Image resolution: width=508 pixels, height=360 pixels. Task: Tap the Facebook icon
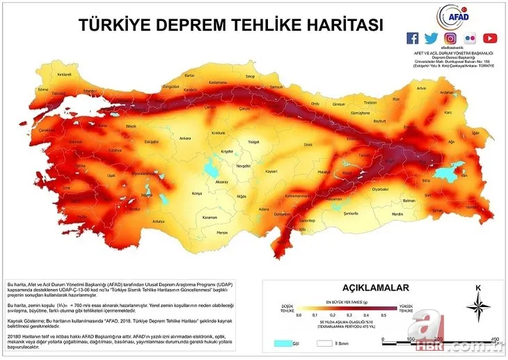pos(413,38)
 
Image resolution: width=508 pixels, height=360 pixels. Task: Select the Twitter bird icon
pos(431,38)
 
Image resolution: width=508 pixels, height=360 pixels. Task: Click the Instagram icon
pos(451,38)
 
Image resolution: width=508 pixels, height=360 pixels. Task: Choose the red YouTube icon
pos(490,38)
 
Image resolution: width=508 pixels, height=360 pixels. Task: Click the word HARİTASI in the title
pos(338,25)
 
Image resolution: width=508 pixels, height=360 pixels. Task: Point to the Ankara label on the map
pos(185,138)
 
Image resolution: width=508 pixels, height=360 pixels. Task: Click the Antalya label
pos(159,221)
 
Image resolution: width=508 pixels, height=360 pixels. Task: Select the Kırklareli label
pos(65,73)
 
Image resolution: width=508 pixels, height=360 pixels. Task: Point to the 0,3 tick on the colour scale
pos(349,315)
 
